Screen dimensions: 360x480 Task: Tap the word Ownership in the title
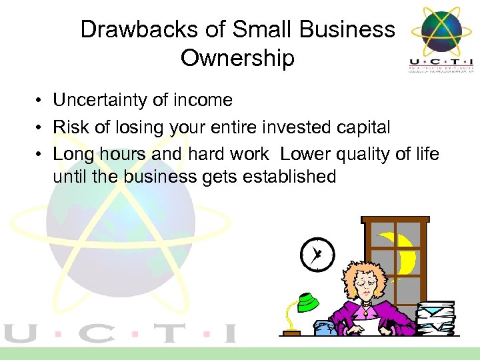pyautogui.click(x=237, y=58)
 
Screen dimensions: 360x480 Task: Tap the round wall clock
pyautogui.click(x=316, y=253)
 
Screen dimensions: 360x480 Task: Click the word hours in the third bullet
pyautogui.click(x=110, y=154)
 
